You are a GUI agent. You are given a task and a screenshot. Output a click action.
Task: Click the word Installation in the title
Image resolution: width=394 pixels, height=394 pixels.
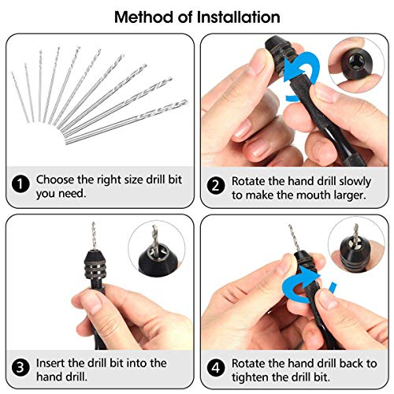pyautogui.click(x=235, y=17)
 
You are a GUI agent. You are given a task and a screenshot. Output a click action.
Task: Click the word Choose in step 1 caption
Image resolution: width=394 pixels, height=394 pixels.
pyautogui.click(x=58, y=180)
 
